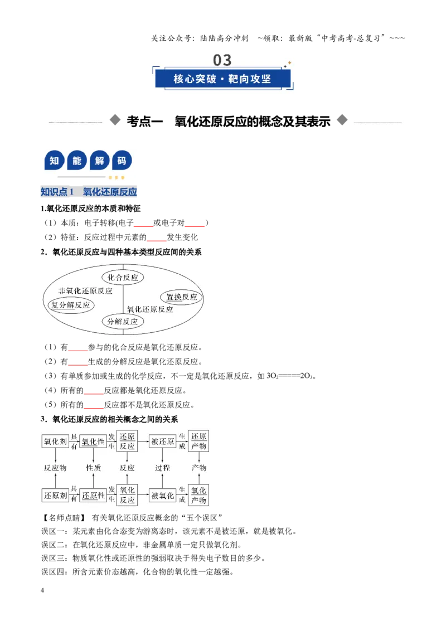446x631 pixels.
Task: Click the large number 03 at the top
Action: (222, 60)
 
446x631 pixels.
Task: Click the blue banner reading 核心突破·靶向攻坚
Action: (222, 79)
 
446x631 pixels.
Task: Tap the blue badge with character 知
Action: (54, 161)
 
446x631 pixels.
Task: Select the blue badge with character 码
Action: (122, 161)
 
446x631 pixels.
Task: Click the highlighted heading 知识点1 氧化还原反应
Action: (89, 192)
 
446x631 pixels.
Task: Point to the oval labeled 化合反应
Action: (123, 277)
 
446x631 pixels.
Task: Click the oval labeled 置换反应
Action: (182, 297)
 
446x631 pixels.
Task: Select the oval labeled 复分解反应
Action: (71, 305)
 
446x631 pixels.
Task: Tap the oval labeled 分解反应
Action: (123, 322)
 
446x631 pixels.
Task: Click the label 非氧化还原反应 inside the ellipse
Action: (85, 291)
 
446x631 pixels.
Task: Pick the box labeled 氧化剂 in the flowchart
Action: (56, 441)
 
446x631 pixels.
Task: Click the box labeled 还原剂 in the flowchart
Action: (56, 496)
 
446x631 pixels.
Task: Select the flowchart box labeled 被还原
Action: (163, 441)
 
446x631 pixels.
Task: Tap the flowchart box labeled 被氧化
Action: (163, 496)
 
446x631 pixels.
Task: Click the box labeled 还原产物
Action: (198, 441)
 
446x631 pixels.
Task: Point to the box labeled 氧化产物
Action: (198, 495)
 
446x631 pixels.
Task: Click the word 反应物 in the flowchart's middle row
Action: (55, 468)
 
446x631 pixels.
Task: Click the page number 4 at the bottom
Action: (42, 590)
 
